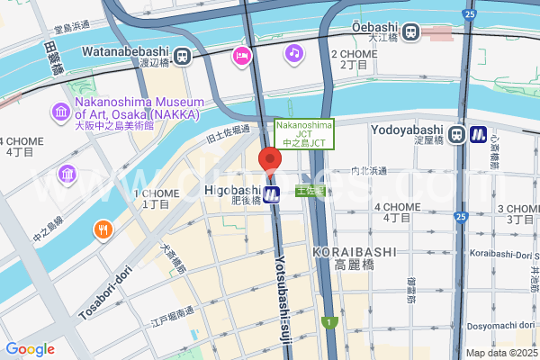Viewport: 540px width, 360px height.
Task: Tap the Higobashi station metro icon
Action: pyautogui.click(x=272, y=193)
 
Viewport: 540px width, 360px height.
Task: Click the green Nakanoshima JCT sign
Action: pyautogui.click(x=303, y=134)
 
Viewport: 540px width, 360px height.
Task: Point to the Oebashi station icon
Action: pyautogui.click(x=411, y=32)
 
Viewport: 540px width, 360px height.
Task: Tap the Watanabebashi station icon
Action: pyautogui.click(x=183, y=56)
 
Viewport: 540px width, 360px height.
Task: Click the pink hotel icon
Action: pyautogui.click(x=241, y=56)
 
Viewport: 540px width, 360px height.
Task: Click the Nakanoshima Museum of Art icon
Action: pyautogui.click(x=61, y=112)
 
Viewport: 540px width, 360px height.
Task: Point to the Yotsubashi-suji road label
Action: pyautogui.click(x=282, y=288)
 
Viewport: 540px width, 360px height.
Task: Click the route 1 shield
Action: pyautogui.click(x=331, y=322)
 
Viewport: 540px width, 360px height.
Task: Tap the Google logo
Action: pyautogui.click(x=30, y=349)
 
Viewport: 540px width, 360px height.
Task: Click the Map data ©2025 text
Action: pyautogui.click(x=500, y=352)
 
